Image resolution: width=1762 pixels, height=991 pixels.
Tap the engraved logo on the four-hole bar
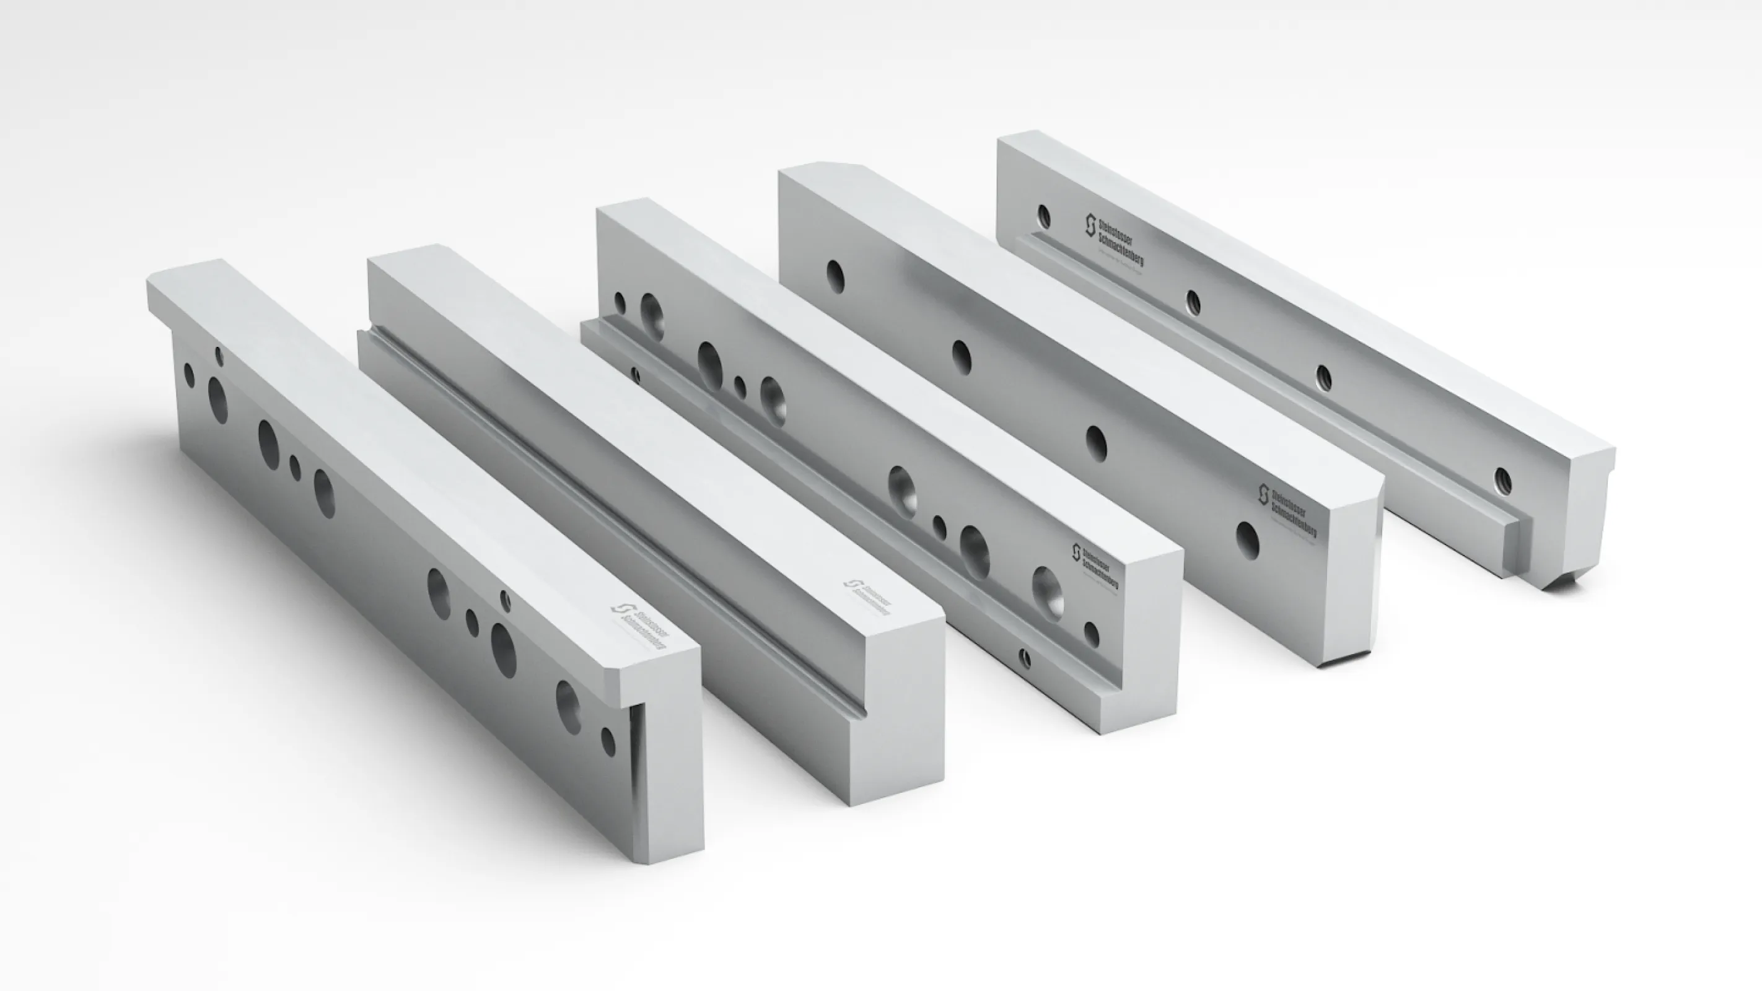(x=1287, y=512)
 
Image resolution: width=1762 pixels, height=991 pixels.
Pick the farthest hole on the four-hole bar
(x=835, y=276)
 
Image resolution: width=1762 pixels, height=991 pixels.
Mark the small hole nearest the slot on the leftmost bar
(x=608, y=741)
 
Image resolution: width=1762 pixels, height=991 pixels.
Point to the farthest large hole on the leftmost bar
(x=217, y=399)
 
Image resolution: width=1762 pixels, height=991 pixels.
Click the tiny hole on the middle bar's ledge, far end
(x=636, y=373)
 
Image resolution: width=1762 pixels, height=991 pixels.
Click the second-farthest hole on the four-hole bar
(x=961, y=357)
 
